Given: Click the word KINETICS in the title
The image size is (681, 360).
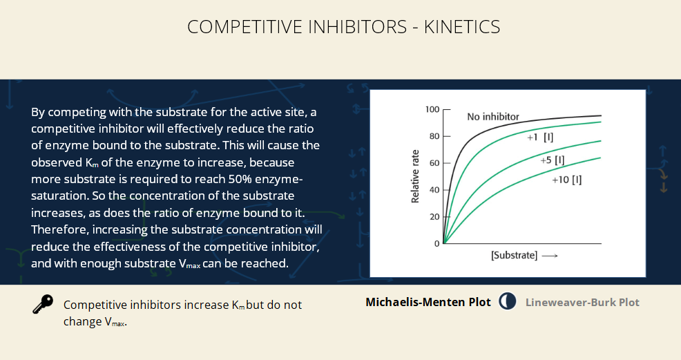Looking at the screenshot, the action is (x=461, y=27).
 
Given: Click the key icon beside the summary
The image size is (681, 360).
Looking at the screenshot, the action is (x=43, y=304).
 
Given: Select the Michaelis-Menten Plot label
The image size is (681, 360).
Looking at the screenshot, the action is (x=428, y=302).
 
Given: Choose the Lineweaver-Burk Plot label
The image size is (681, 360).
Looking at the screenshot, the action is (x=582, y=302).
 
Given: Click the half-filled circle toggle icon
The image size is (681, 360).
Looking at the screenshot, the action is (x=507, y=301).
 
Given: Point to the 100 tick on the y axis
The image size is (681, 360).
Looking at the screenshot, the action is (x=432, y=109).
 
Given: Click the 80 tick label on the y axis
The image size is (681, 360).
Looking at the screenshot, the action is (x=434, y=136).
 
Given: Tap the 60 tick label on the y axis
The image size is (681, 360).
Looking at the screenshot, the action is (x=434, y=163).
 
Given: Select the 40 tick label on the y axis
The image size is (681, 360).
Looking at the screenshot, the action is (x=434, y=190).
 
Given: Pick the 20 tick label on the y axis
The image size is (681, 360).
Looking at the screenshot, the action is (x=434, y=217).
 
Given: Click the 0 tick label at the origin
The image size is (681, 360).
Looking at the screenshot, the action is (x=437, y=244).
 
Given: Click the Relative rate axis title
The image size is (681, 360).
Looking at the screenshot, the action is (x=415, y=176).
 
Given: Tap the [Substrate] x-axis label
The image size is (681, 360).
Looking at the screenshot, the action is (x=515, y=256).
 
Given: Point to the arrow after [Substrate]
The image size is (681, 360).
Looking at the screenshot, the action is (x=550, y=256).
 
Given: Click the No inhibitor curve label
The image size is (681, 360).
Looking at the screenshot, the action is (x=493, y=116).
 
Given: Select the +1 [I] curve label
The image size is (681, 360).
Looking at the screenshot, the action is (x=540, y=138).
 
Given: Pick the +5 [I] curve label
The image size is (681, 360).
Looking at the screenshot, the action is (x=553, y=160).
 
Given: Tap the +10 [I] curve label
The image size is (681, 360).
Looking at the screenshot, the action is (x=567, y=180).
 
